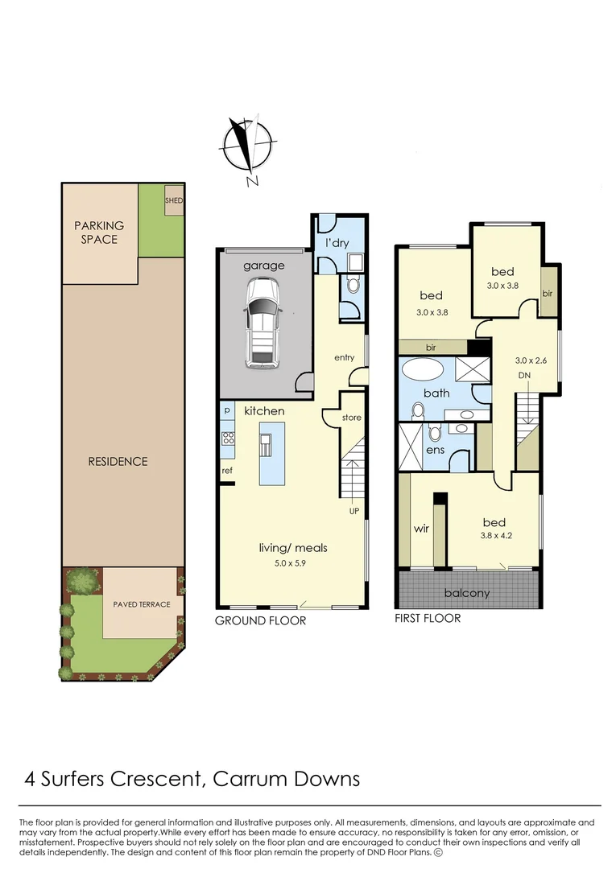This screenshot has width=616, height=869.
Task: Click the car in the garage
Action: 263,322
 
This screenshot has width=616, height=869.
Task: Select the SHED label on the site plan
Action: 174,200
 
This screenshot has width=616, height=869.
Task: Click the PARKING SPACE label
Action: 99,233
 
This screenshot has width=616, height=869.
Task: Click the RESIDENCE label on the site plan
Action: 118,461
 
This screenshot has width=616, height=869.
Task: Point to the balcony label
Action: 467,593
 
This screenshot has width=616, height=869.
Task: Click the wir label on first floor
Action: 420,529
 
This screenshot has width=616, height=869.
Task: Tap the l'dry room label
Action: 337,243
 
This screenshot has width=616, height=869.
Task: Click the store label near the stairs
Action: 352,418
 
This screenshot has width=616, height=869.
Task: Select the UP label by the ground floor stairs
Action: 353,511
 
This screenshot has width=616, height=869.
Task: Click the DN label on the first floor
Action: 523,376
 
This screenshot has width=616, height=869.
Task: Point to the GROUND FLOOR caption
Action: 260,621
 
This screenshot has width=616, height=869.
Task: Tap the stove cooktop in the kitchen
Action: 228,439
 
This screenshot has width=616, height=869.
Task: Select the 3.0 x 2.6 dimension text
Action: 531,360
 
